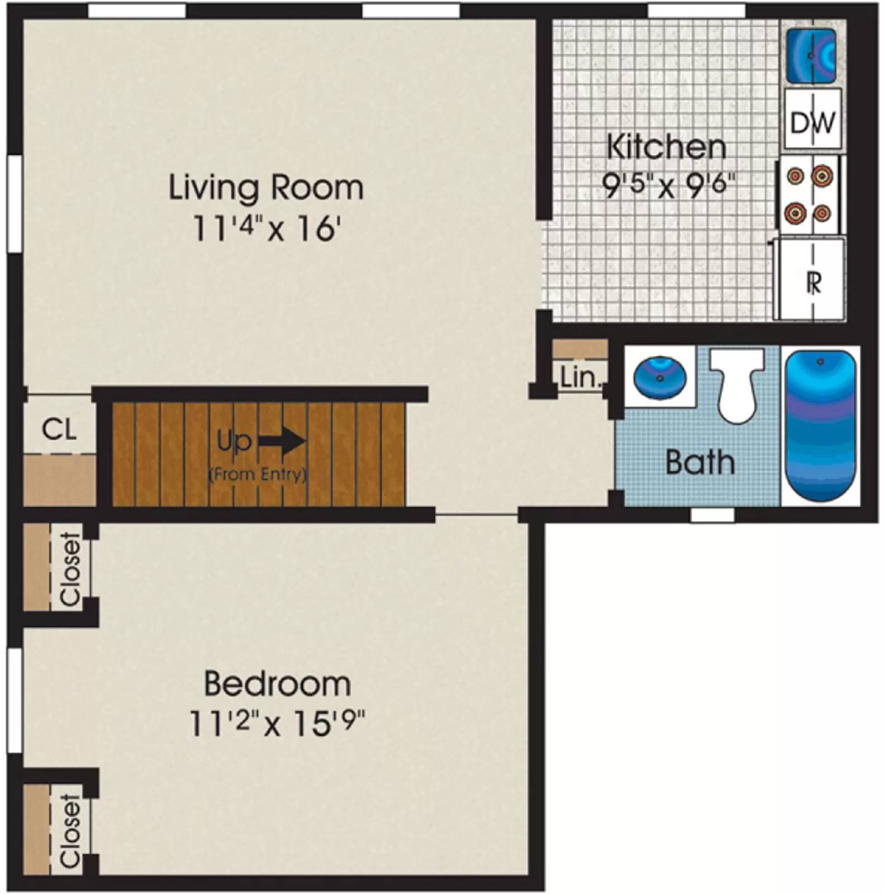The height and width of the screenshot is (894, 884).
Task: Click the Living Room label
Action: pyautogui.click(x=266, y=188)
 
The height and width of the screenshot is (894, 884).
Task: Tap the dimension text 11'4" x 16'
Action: pyautogui.click(x=266, y=229)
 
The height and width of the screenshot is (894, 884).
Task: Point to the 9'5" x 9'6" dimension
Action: pyautogui.click(x=668, y=185)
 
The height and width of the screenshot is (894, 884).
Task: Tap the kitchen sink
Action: pyautogui.click(x=811, y=55)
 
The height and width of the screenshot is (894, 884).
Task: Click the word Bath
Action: pyautogui.click(x=700, y=463)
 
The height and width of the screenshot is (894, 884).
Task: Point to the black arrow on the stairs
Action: pyautogui.click(x=282, y=441)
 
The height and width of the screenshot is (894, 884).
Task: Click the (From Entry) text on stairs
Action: pyautogui.click(x=258, y=475)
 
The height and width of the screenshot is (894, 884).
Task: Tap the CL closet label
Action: pyautogui.click(x=59, y=430)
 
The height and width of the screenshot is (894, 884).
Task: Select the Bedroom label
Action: pyautogui.click(x=277, y=684)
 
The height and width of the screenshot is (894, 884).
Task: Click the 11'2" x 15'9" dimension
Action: pyautogui.click(x=277, y=724)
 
